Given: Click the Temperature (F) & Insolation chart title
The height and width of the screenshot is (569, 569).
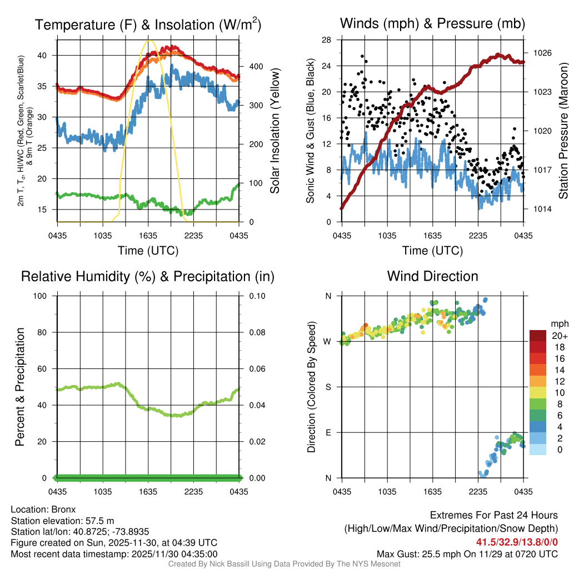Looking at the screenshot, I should pos(148,25).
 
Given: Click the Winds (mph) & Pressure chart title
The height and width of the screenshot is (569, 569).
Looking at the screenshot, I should pos(432,23).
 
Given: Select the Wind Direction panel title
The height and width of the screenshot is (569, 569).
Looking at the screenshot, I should pos(432,276).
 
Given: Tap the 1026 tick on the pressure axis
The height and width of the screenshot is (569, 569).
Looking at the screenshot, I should pos(541,53).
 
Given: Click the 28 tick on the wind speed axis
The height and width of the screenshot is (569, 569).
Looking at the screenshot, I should pos(327,40).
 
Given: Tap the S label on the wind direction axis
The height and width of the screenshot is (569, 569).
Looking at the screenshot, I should pos(328,387).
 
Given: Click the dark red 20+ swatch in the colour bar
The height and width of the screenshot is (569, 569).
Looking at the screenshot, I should pos(538,336).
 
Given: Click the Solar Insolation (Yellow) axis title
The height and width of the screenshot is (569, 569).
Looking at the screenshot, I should pos(274,131).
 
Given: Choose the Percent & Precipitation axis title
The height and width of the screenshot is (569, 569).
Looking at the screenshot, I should pos(19,387).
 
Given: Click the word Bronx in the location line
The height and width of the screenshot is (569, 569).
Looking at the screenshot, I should pos(63,509).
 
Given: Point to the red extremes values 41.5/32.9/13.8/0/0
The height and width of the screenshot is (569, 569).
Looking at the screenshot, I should pos(517,542).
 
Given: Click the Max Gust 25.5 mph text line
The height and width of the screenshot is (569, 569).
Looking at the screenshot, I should pos(467,553).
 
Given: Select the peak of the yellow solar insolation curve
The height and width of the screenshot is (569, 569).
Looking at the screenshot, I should pos(148,40).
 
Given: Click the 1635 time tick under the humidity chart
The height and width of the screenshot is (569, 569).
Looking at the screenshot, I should pos(148,492).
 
